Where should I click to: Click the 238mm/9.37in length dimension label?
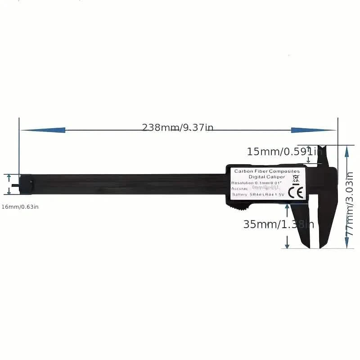click(x=178, y=127)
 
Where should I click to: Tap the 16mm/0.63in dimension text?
click(x=21, y=207)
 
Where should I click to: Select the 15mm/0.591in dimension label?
click(x=284, y=152)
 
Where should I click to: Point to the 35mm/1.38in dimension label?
click(x=279, y=224)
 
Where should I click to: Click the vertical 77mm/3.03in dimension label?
click(x=350, y=197)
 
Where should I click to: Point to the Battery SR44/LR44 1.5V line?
click(x=258, y=195)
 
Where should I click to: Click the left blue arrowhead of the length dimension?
click(x=43, y=130)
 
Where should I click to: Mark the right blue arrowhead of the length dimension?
click(x=313, y=130)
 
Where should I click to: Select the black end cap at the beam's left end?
click(x=26, y=184)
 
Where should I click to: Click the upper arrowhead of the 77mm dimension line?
click(x=346, y=152)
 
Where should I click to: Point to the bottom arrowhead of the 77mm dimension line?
click(x=346, y=243)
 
